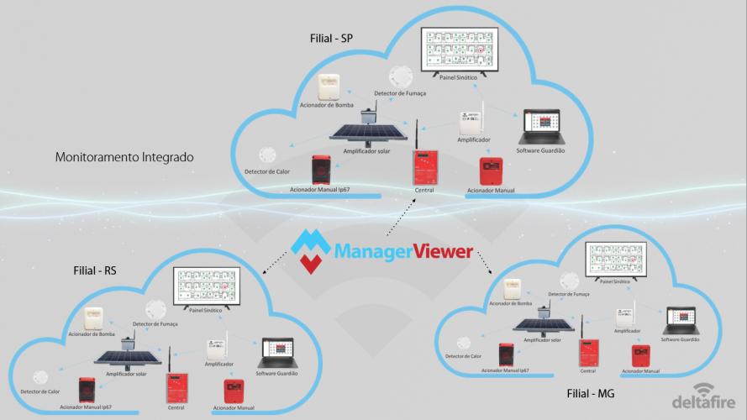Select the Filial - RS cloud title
click(x=97, y=271)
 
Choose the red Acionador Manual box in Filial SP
click(x=490, y=171)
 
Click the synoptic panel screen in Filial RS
click(x=207, y=287)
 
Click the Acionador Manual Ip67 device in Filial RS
click(x=88, y=389)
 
